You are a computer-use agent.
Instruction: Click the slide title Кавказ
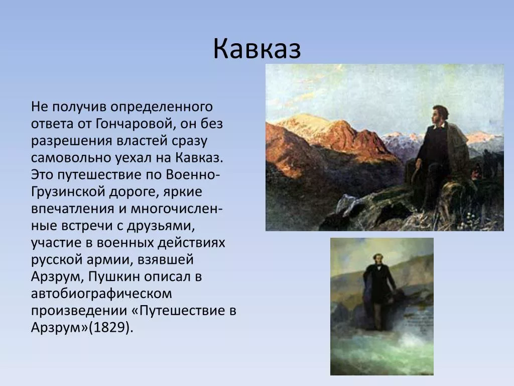tap(257, 49)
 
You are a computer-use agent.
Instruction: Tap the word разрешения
tap(72, 141)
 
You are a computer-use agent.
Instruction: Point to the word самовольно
tap(71, 158)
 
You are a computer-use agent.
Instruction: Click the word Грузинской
tap(68, 192)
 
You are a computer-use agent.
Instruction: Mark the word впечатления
tap(73, 209)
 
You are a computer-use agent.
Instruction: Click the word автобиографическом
tap(101, 294)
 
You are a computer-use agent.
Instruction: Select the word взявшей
tap(166, 260)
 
